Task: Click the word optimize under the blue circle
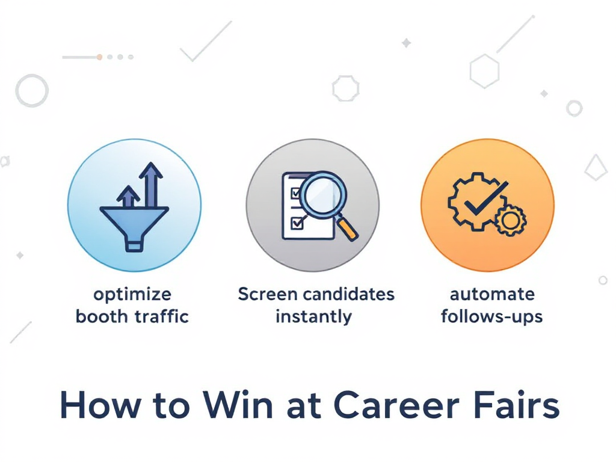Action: pos(132,295)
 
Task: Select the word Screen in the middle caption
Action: pos(268,294)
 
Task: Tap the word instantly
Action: pos(313,316)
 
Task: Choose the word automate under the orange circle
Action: pos(492,295)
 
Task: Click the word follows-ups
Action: pos(492,316)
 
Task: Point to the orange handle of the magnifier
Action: pos(348,229)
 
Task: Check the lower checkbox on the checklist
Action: pos(296,223)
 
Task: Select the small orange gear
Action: pos(511,220)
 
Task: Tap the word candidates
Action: pos(349,294)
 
